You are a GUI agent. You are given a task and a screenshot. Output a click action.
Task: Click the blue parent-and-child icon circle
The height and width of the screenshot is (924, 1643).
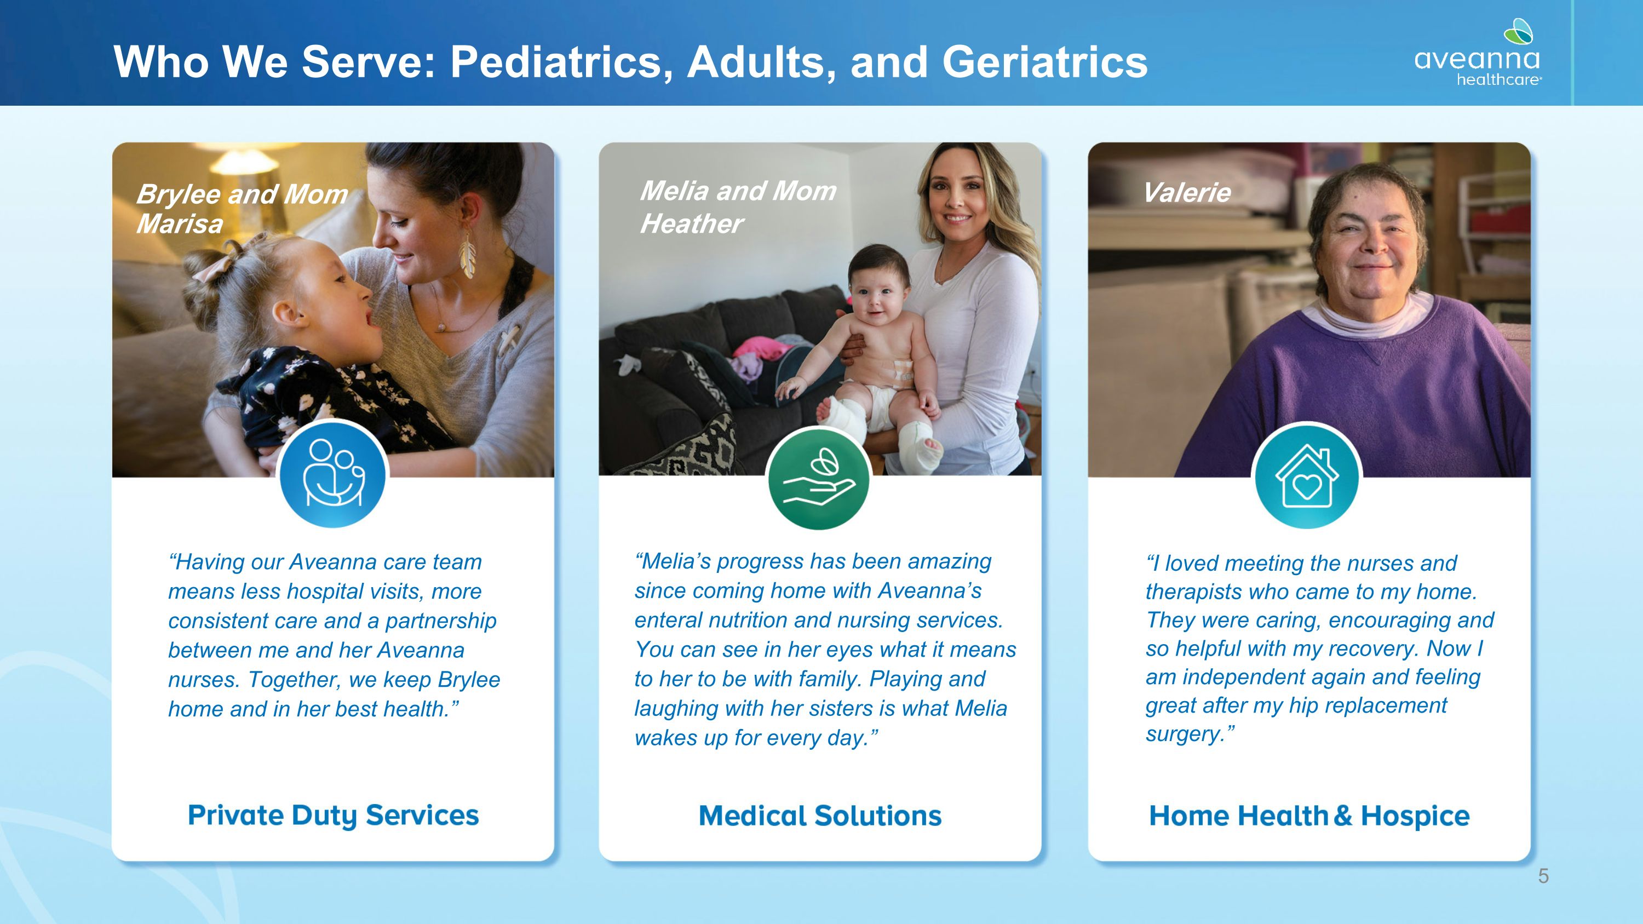point(333,474)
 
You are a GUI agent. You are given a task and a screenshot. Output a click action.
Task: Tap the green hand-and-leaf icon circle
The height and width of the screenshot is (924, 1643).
point(819,478)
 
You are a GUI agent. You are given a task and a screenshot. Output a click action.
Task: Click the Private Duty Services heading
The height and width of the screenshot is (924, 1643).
point(333,816)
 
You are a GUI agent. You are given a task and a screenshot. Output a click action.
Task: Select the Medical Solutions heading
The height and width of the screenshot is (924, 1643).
point(820,816)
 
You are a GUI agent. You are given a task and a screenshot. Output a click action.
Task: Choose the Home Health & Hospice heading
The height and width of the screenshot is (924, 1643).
point(1309,816)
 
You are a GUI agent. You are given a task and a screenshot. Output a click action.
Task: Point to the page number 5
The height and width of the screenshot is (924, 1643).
point(1543,876)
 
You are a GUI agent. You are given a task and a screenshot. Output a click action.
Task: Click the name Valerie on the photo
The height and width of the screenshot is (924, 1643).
point(1186,193)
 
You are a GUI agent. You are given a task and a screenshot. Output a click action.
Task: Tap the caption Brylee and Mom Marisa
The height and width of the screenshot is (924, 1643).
point(243,209)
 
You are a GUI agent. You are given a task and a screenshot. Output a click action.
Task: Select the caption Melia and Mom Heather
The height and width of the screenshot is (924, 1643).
point(738,206)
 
